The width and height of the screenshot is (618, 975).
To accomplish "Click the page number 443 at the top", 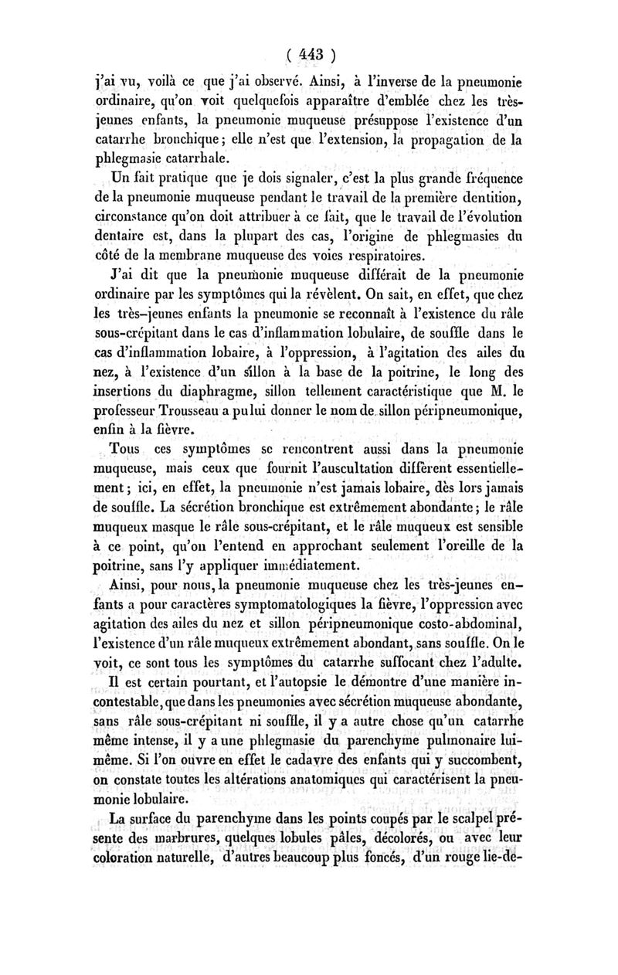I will click(x=311, y=55).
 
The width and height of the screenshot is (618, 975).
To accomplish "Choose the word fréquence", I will click(x=488, y=184).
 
